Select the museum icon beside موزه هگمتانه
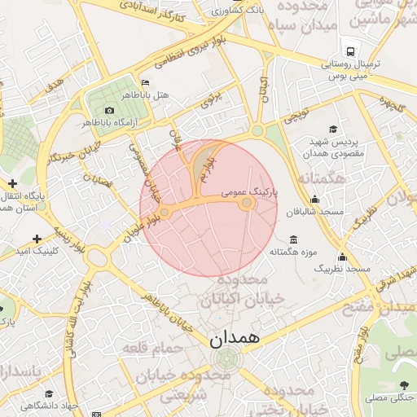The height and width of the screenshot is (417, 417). click(293, 239)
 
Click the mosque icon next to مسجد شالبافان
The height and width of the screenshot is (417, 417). click(315, 200)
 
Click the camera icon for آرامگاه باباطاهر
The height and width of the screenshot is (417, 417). click(109, 110)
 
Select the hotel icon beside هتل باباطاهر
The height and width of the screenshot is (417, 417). click(145, 82)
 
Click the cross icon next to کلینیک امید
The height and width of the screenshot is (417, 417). click(35, 239)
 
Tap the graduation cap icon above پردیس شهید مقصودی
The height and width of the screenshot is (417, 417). click(332, 129)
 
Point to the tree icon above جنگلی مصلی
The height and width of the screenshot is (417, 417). click(404, 385)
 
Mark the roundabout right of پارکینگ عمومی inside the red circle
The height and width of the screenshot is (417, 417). click(248, 203)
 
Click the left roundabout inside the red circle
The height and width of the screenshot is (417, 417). click(165, 212)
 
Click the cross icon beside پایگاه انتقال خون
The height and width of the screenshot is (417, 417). click(12, 184)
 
